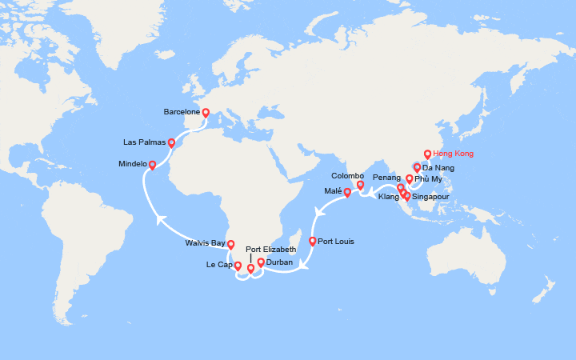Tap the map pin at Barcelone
click(206, 113)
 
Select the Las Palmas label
click(145, 142)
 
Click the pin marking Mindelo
click(152, 164)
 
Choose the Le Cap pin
click(238, 266)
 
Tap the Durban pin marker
click(261, 262)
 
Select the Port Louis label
click(336, 241)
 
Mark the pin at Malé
click(347, 192)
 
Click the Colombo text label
click(348, 175)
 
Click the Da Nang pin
click(417, 168)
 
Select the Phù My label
click(428, 178)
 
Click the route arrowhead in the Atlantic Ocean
click(160, 218)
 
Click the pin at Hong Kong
click(427, 154)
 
